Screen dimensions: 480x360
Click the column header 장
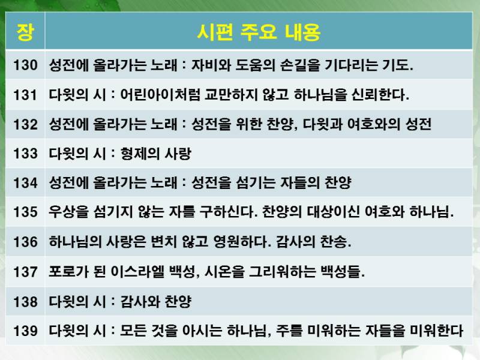pyautogui.click(x=25, y=32)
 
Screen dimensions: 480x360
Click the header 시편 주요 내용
pyautogui.click(x=259, y=32)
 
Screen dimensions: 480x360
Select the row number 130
pyautogui.click(x=25, y=65)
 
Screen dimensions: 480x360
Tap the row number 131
pyautogui.click(x=25, y=95)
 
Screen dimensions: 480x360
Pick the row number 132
pyautogui.click(x=25, y=125)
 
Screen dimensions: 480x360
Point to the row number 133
pyautogui.click(x=25, y=154)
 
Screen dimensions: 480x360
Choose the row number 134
pyautogui.click(x=25, y=183)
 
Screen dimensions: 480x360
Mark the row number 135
pyautogui.click(x=25, y=212)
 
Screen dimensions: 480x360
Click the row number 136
pyautogui.click(x=25, y=242)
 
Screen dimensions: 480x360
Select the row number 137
pyautogui.click(x=25, y=272)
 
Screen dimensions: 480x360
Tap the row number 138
pyautogui.click(x=25, y=302)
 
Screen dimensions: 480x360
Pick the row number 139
pyautogui.click(x=25, y=331)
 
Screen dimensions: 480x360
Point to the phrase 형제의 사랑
pyautogui.click(x=156, y=154)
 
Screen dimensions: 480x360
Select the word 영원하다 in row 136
pyautogui.click(x=242, y=242)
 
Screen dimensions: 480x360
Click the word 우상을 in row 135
pyautogui.click(x=68, y=212)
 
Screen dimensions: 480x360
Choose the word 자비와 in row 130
pyautogui.click(x=211, y=65)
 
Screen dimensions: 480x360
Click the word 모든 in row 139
pyautogui.click(x=133, y=331)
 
